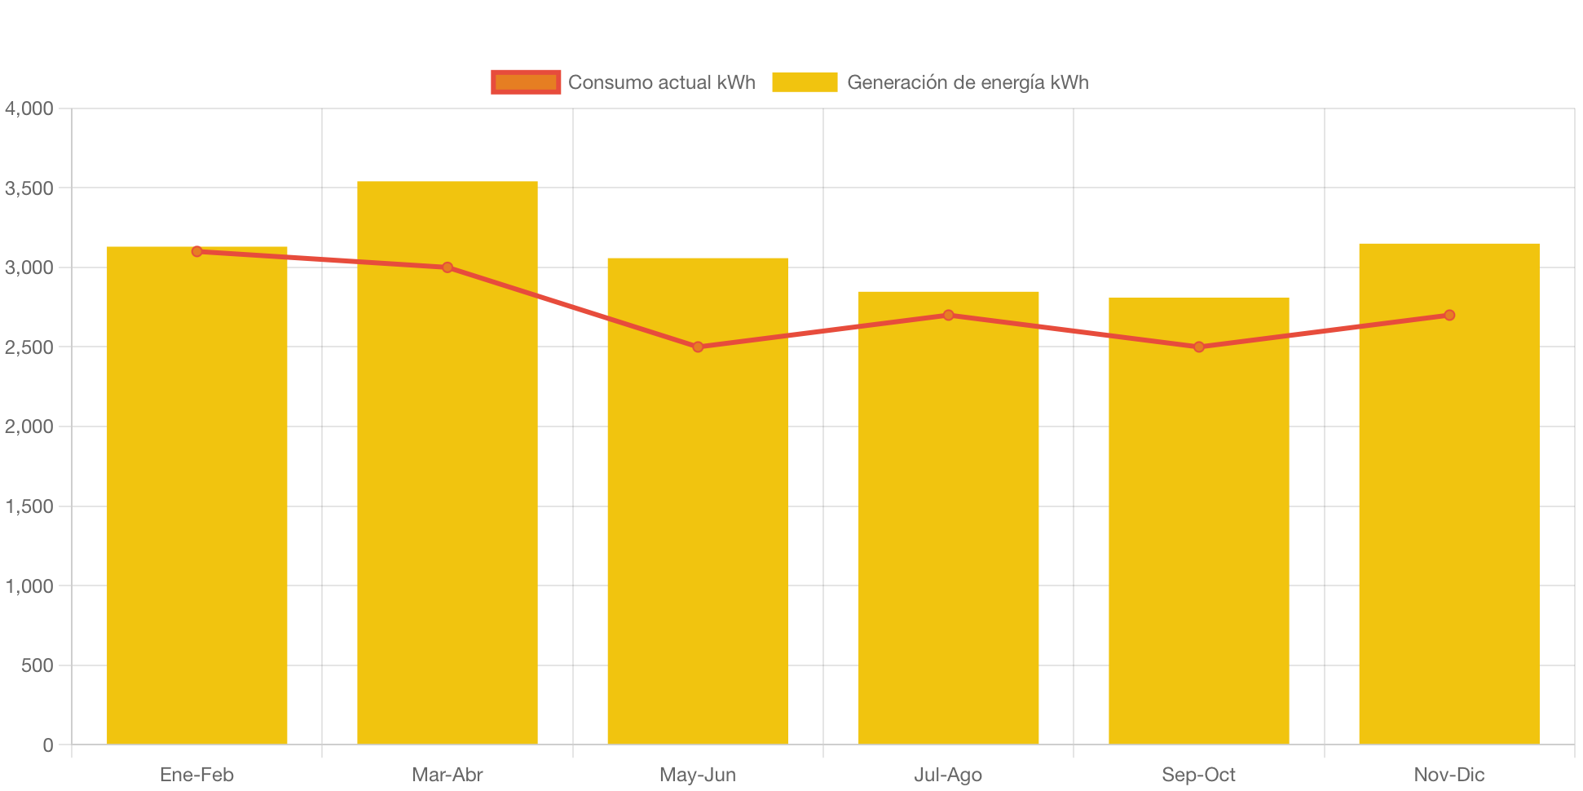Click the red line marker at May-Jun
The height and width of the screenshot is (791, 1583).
698,347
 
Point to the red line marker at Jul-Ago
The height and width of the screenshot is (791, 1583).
948,315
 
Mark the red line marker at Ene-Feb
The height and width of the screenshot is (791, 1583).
196,251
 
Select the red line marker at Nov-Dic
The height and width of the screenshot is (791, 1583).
1449,315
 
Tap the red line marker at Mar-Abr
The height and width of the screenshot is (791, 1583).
448,267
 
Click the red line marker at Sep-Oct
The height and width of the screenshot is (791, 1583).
1199,347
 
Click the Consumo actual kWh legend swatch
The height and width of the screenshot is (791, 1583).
526,82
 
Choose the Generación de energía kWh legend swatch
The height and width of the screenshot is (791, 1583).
805,82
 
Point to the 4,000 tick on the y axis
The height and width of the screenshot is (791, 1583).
29,108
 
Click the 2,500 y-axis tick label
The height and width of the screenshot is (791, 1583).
29,347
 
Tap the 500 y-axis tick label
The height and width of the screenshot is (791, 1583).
37,665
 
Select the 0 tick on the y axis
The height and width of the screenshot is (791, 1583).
48,745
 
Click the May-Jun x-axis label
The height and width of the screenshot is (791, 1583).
698,775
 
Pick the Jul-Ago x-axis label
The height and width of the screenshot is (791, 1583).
948,775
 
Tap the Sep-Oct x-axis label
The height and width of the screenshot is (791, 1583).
1198,775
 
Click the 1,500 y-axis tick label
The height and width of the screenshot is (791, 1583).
29,506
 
